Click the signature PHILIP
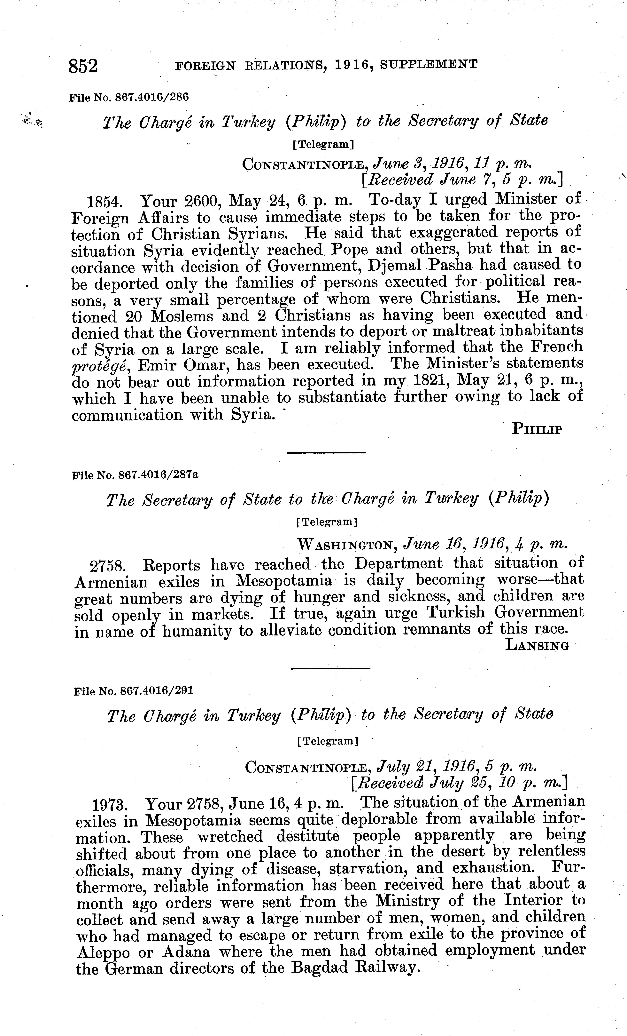click(537, 429)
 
